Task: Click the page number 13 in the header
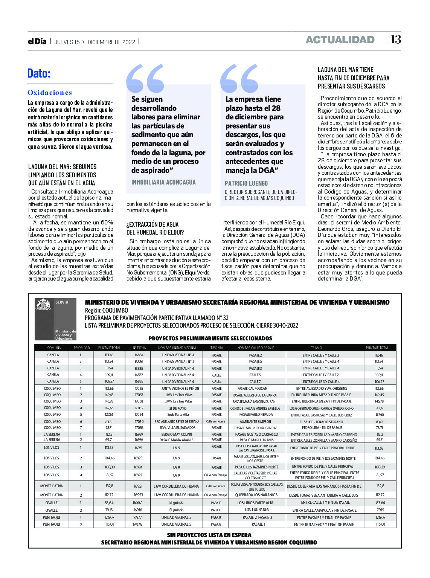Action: pyautogui.click(x=396, y=40)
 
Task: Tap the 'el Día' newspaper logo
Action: pyautogui.click(x=37, y=41)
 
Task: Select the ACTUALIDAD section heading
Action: pyautogui.click(x=340, y=40)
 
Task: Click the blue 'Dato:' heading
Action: pyautogui.click(x=39, y=73)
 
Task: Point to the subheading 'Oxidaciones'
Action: pyautogui.click(x=49, y=93)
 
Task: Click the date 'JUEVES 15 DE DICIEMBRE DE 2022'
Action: pyautogui.click(x=95, y=42)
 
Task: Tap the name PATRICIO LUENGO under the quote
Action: pyautogui.click(x=246, y=183)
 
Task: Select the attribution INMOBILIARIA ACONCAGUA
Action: pyautogui.click(x=163, y=182)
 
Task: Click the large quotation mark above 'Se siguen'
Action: pyautogui.click(x=145, y=78)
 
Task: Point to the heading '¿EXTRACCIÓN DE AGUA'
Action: pyautogui.click(x=152, y=224)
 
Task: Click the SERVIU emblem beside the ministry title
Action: pyautogui.click(x=55, y=319)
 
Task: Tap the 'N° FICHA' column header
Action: pyautogui.click(x=139, y=348)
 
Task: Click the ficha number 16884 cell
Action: pyautogui.click(x=139, y=355)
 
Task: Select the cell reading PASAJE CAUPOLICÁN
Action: pyautogui.click(x=252, y=388)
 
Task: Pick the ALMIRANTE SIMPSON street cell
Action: pyautogui.click(x=255, y=422)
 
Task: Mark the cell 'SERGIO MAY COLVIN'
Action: pyautogui.click(x=177, y=434)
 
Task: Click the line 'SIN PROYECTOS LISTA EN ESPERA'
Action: pyautogui.click(x=209, y=535)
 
